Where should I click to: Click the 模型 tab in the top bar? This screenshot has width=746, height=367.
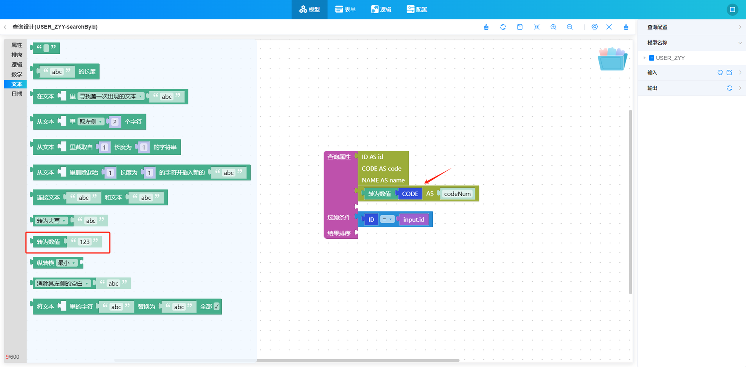click(309, 9)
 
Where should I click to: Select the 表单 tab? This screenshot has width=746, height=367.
click(345, 9)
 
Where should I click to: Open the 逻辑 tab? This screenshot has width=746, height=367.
click(381, 9)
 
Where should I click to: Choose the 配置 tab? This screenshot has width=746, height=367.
click(417, 9)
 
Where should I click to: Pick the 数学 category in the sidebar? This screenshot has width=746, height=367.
click(16, 74)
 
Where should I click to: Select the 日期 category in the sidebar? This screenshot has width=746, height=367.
click(16, 93)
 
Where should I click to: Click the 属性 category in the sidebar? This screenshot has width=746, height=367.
click(16, 45)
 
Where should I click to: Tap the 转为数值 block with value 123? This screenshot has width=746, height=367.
click(49, 242)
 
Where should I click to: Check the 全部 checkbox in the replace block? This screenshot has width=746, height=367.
click(216, 306)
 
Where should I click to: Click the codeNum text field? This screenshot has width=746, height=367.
click(457, 194)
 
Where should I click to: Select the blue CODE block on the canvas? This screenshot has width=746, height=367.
click(410, 194)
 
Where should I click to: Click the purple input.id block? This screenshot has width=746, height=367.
click(414, 219)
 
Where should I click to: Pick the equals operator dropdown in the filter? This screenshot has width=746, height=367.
click(387, 219)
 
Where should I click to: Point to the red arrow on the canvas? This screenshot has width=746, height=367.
click(438, 176)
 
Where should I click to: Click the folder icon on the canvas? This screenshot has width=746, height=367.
click(612, 59)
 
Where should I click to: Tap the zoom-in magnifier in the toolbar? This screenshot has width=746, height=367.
click(553, 27)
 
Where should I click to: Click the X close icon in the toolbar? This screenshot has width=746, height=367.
click(609, 27)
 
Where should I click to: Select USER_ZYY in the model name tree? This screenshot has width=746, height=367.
click(670, 58)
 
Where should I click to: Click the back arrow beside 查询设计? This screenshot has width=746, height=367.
click(5, 27)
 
